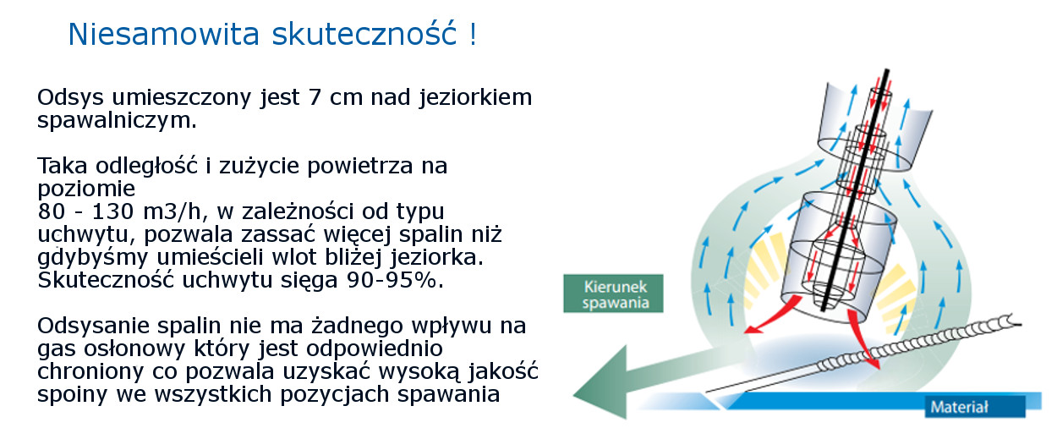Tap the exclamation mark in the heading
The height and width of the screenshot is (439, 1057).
pyautogui.click(x=473, y=34)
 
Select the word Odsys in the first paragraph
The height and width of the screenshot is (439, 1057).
pyautogui.click(x=70, y=98)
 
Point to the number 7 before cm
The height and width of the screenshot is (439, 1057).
pyautogui.click(x=315, y=98)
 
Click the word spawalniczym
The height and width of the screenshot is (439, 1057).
pyautogui.click(x=117, y=121)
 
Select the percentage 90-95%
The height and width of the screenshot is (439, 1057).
pyautogui.click(x=396, y=280)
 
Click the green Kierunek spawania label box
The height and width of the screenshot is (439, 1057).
pyautogui.click(x=613, y=294)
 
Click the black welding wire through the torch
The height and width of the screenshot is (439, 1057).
pyautogui.click(x=855, y=189)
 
